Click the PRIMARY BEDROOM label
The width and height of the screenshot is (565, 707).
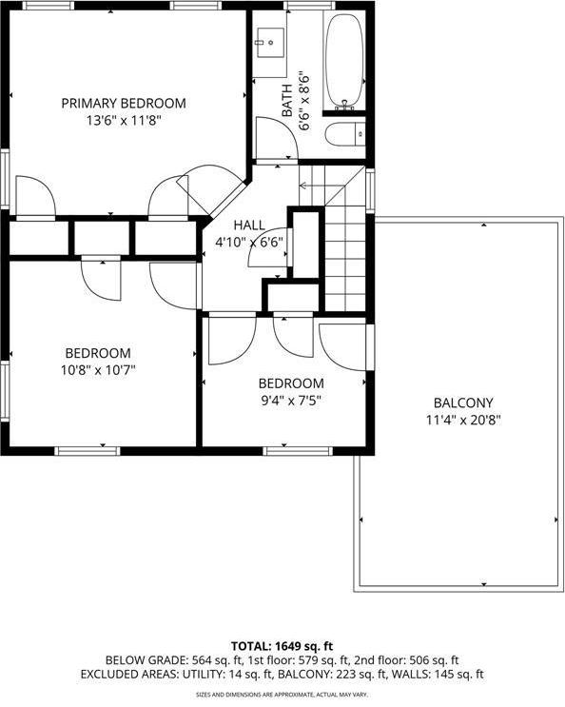coord(124,103)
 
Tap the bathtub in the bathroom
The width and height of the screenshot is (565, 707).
coord(344,62)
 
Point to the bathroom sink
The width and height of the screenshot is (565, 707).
coord(272,43)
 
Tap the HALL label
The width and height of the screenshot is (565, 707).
coord(250,225)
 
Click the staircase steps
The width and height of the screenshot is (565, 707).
coord(344,247)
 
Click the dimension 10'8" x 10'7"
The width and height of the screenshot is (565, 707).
coord(98,370)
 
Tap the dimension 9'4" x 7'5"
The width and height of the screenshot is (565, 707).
coord(291,401)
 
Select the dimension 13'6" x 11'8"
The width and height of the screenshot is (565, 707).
coord(124,121)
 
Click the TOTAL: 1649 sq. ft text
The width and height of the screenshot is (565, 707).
coord(282,644)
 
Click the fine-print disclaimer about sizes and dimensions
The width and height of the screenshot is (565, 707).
coord(282,695)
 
